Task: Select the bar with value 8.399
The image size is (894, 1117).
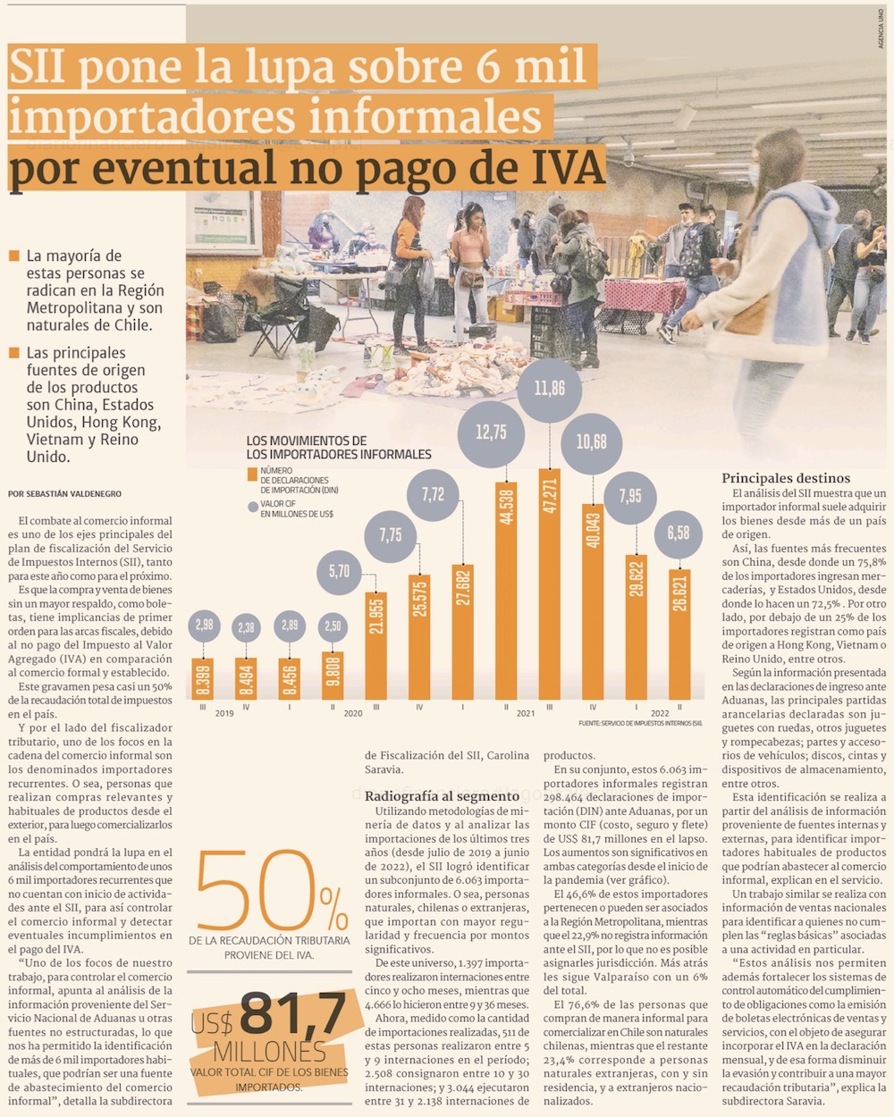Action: [203, 678]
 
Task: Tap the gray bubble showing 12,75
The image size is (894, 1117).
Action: [491, 433]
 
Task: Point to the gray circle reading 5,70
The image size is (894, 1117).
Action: [340, 571]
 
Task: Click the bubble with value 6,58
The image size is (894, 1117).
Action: [678, 533]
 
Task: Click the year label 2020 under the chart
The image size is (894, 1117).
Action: [353, 713]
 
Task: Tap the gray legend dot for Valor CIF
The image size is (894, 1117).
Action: [252, 508]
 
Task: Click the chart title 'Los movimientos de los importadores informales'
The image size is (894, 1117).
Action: [338, 448]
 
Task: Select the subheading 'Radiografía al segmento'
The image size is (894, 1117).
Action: [442, 795]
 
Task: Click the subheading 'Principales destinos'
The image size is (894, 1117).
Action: [786, 478]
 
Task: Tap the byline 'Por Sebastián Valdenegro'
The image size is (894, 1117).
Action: [64, 493]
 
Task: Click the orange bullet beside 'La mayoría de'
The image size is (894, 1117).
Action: [13, 256]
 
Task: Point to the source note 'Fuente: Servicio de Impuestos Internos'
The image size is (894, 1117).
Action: [640, 722]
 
